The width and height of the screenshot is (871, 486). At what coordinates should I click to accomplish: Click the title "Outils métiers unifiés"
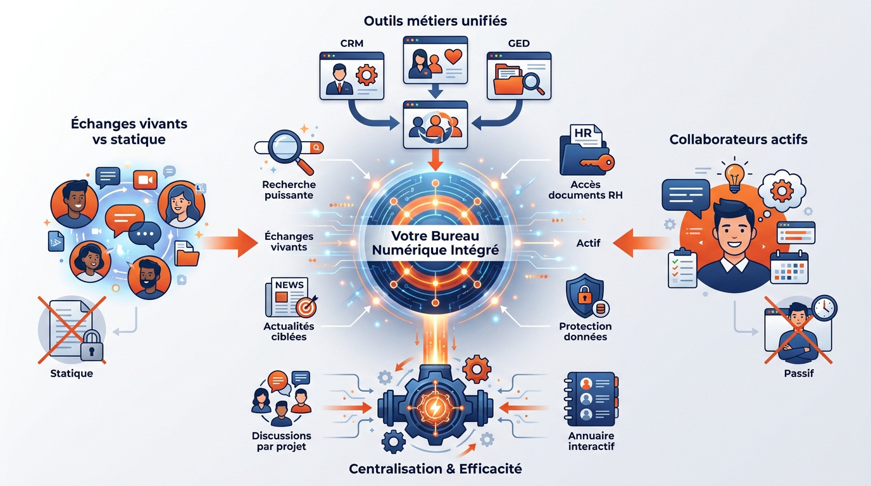(435, 21)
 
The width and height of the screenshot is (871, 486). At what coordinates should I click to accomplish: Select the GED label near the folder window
(518, 43)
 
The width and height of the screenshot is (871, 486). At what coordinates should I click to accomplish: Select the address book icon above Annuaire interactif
(589, 398)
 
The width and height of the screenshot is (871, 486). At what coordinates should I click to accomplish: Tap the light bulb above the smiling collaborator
(734, 177)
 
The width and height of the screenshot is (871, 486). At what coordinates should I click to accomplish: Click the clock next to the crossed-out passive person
(825, 308)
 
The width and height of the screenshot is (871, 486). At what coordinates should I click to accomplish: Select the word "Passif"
(798, 373)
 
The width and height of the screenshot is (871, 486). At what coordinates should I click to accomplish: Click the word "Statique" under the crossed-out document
(72, 373)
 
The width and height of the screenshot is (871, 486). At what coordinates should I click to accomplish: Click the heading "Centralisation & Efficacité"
(435, 469)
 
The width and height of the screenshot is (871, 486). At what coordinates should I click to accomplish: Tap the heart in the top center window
(453, 56)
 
